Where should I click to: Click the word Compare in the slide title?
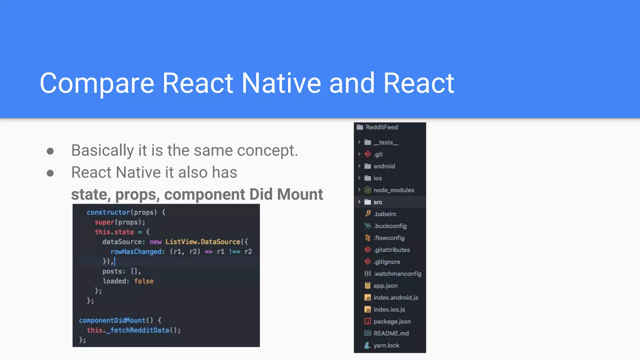[x=97, y=83]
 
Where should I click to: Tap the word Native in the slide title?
[x=281, y=83]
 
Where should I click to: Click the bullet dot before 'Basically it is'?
[x=50, y=151]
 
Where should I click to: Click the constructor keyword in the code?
[x=108, y=212]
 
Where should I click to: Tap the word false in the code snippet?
[x=144, y=281]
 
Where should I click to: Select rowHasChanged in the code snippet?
[x=137, y=252]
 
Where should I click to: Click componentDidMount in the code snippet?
[x=112, y=320]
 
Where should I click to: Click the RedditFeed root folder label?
[x=382, y=127]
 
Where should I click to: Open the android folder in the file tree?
[x=384, y=166]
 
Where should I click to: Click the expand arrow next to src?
[x=359, y=202]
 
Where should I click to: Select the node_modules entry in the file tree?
[x=393, y=190]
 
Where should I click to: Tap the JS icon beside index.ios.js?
[x=368, y=310]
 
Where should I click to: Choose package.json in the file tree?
[x=392, y=322]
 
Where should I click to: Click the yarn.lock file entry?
[x=386, y=345]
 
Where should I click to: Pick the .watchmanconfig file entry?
[x=397, y=274]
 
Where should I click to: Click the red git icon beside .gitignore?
[x=368, y=262]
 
